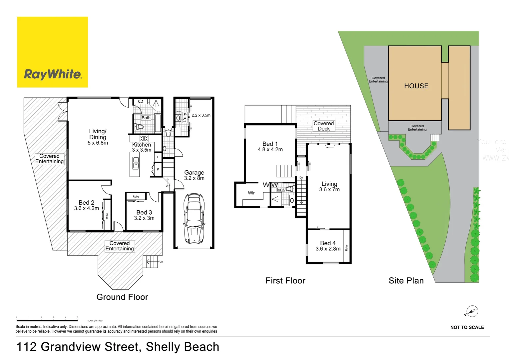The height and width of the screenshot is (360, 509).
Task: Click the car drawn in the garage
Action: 194,218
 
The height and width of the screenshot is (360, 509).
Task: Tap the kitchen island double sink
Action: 136,163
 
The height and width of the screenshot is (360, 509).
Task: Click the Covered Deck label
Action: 324,126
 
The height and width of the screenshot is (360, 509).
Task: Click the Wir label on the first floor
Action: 251,193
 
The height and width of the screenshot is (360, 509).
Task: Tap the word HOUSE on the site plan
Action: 416,86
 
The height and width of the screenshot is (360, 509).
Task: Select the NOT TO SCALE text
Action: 467,327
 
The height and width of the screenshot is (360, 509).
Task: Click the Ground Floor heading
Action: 122,297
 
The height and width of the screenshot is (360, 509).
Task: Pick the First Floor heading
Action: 285,281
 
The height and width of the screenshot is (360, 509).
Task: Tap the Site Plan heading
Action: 406,281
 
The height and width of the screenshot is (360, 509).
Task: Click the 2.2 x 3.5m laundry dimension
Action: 201,115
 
